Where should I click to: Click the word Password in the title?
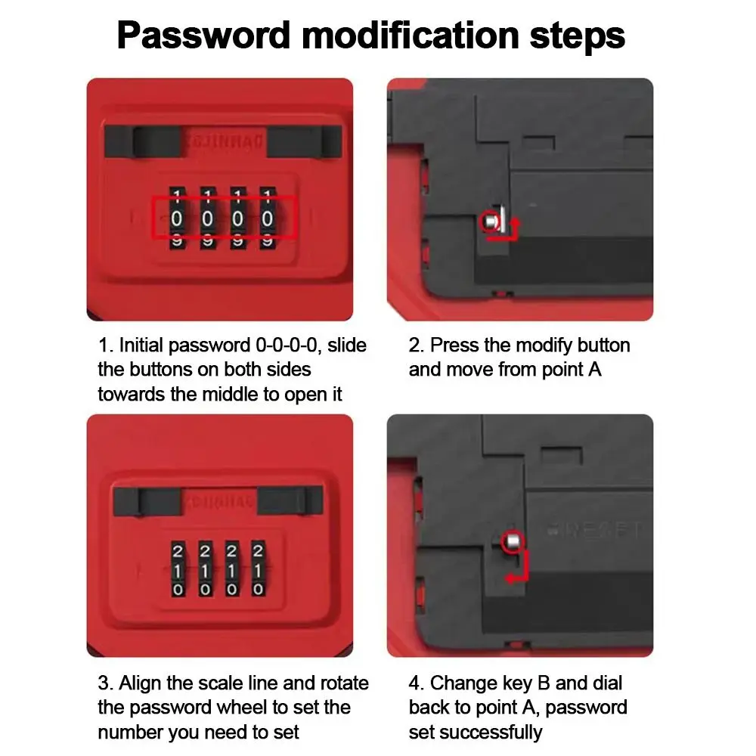click(203, 35)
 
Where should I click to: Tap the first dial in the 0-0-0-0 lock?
click(177, 218)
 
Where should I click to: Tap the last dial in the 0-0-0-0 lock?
click(267, 218)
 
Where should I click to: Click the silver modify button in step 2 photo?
click(491, 222)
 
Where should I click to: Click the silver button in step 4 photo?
click(512, 541)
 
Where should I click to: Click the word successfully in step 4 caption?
click(494, 732)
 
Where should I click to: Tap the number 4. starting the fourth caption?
click(416, 683)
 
